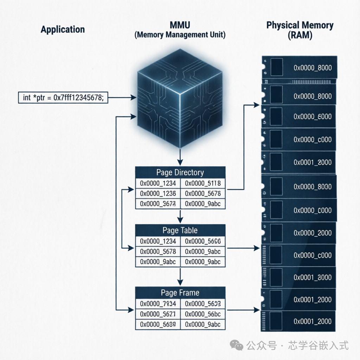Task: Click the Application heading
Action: click(x=63, y=30)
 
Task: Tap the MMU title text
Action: click(x=180, y=25)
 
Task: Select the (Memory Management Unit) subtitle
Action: click(x=180, y=35)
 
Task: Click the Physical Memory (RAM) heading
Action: click(x=300, y=30)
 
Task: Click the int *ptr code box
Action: click(x=63, y=98)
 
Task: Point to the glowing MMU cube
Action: click(x=180, y=102)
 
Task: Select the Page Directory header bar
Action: click(x=180, y=173)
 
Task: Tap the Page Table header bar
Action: click(x=180, y=231)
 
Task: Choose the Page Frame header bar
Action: click(x=180, y=293)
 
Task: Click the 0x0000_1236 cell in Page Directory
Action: click(x=157, y=193)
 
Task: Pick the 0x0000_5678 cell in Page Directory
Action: click(x=203, y=193)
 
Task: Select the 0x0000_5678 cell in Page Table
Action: click(x=157, y=252)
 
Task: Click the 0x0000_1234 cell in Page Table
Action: click(x=157, y=241)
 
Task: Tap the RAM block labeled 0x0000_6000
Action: click(x=299, y=116)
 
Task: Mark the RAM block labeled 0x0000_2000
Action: click(x=299, y=233)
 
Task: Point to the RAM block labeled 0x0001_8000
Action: click(x=299, y=277)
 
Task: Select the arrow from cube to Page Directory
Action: click(x=180, y=157)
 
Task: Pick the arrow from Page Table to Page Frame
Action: click(x=180, y=277)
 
